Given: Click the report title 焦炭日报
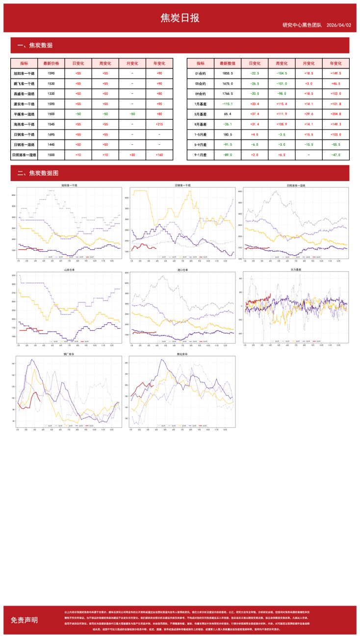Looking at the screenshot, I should pyautogui.click(x=180, y=18).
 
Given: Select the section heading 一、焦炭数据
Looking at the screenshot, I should pyautogui.click(x=35, y=46).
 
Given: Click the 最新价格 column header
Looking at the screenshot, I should pyautogui.click(x=51, y=63).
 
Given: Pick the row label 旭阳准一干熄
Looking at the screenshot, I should pyautogui.click(x=24, y=73).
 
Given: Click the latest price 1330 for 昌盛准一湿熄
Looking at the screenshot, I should pyautogui.click(x=51, y=93).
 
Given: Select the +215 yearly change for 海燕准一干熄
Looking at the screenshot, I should pyautogui.click(x=159, y=124).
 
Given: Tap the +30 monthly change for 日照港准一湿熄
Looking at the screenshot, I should pyautogui.click(x=132, y=155).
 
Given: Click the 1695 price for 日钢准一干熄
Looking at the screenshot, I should pyautogui.click(x=51, y=134).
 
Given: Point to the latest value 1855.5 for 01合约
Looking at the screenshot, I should pyautogui.click(x=228, y=73).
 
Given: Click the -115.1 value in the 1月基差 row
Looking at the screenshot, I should pyautogui.click(x=227, y=104).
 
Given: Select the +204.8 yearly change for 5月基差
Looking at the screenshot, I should pyautogui.click(x=335, y=114).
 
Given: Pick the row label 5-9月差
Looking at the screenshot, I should pyautogui.click(x=201, y=145).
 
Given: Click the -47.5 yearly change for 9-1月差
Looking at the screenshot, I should pyautogui.click(x=335, y=155).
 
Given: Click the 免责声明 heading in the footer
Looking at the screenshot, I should pyautogui.click(x=24, y=620).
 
